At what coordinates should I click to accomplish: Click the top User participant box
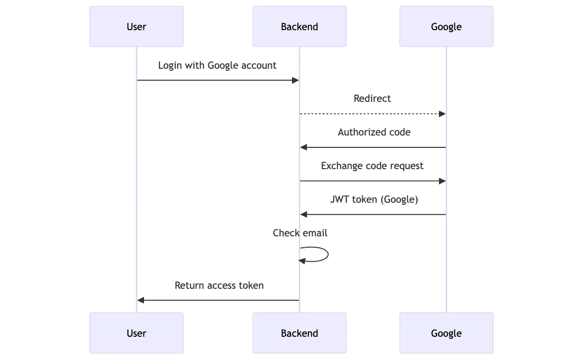coord(137,27)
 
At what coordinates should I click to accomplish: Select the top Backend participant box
coord(299,27)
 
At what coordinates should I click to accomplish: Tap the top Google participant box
coord(446,27)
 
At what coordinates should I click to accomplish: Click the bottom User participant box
coord(137,333)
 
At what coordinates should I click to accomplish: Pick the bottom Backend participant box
coord(299,333)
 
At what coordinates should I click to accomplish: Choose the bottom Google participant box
coord(446,333)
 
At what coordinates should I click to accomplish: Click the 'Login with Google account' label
coord(217,65)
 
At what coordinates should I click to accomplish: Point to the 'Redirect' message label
coord(372,98)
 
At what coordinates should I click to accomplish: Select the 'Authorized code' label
coord(374,132)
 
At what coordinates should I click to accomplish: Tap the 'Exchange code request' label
coord(372,166)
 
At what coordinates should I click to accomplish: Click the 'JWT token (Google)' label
coord(374,199)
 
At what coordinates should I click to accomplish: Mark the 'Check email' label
coord(300,233)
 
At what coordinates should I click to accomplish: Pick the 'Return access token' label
coord(219,285)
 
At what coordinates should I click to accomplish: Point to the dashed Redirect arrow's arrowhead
coord(442,114)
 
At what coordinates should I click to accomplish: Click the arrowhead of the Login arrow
coord(295,80)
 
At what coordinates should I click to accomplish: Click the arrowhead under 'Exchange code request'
coord(442,181)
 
